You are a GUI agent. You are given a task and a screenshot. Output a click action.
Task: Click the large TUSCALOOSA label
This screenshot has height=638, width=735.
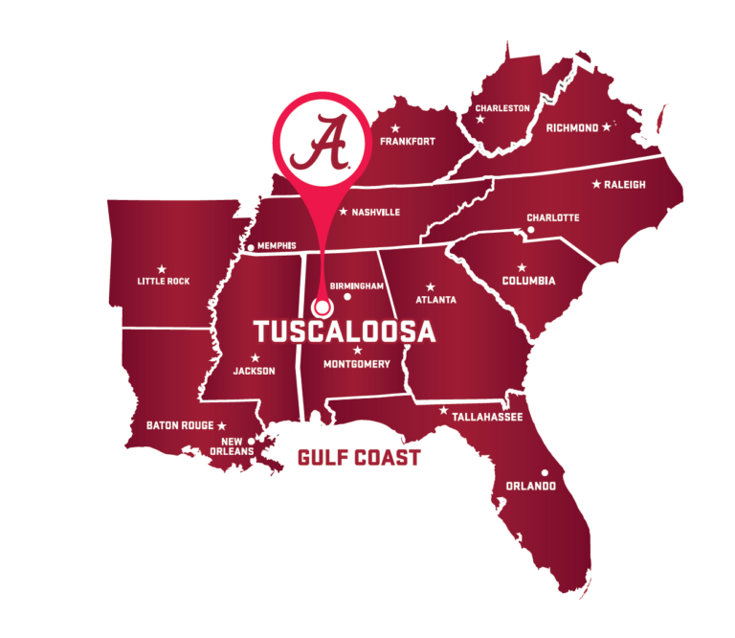345,332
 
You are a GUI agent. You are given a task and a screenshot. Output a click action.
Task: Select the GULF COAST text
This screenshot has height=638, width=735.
359,458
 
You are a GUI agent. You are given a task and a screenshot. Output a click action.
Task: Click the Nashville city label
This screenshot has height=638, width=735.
375,213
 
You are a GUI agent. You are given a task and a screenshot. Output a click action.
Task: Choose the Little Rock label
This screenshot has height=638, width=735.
164,282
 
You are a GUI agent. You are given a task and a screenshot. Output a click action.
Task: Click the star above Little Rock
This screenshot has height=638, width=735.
161,268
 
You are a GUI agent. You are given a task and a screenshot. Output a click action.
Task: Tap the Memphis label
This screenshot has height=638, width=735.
277,246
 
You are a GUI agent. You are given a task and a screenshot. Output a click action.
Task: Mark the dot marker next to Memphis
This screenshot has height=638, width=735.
251,248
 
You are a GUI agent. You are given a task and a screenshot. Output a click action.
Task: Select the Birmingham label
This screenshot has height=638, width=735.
356,286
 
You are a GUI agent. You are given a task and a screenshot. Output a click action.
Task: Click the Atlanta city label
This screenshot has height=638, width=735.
436,300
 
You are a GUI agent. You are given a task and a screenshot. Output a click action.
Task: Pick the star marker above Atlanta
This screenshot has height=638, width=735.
431,286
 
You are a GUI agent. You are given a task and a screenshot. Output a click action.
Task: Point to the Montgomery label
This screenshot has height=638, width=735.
357,364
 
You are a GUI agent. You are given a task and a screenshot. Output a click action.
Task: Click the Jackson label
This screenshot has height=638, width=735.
254,371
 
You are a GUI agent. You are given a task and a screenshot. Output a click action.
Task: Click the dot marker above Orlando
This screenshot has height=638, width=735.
545,472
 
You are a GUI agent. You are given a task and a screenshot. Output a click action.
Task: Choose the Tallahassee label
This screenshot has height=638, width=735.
486,417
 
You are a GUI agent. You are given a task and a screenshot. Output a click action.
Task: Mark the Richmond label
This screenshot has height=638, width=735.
571,127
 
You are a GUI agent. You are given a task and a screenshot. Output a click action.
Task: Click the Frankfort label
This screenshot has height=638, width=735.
408,142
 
